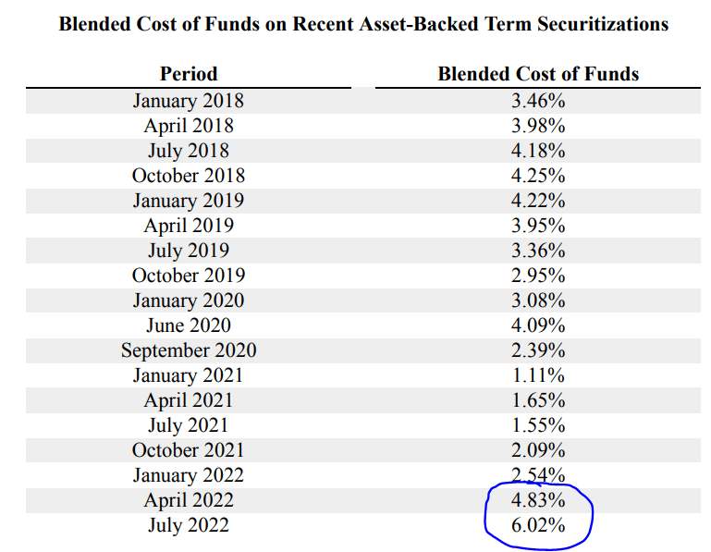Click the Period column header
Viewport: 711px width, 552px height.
[x=189, y=73]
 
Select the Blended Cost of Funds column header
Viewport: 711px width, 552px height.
[x=538, y=73]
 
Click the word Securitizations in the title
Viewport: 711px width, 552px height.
[x=603, y=24]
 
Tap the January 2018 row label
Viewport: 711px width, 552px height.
[x=189, y=101]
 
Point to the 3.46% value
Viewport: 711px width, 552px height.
[x=538, y=100]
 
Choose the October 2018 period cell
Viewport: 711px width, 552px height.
[x=189, y=175]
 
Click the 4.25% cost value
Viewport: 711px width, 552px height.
[x=538, y=175]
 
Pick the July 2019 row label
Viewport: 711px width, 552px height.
[x=189, y=251]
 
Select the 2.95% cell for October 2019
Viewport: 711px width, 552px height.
[x=538, y=275]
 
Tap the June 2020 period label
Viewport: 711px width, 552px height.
[x=189, y=325]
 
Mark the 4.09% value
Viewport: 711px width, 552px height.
[x=538, y=325]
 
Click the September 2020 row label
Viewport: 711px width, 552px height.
[x=189, y=350]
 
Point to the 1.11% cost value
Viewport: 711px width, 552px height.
[x=538, y=374]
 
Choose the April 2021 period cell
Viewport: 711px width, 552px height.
[x=189, y=400]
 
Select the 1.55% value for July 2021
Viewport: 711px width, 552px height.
[x=538, y=424]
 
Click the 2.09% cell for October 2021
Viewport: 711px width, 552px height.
[x=538, y=449]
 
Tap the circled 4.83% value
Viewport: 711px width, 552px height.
[x=538, y=499]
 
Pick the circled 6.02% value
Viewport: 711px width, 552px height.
[x=538, y=525]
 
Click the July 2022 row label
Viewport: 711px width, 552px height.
[x=189, y=525]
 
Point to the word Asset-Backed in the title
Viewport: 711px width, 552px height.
[x=419, y=24]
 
